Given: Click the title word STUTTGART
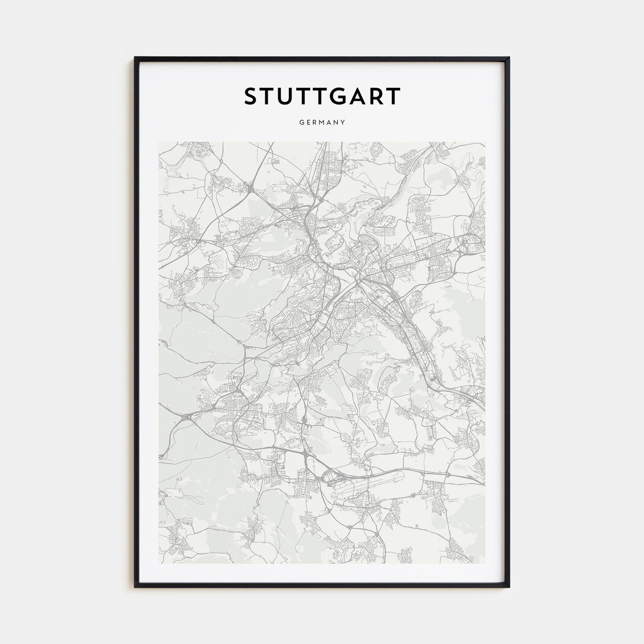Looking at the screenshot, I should (x=322, y=97).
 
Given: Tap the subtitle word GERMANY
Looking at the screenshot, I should (x=322, y=122).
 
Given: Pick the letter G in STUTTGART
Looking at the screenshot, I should (x=339, y=97).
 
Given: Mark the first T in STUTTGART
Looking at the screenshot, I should (x=270, y=97).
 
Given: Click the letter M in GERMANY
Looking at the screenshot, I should (x=322, y=122).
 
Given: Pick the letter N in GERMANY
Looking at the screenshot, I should (x=336, y=122).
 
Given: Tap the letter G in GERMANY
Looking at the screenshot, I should (x=301, y=122).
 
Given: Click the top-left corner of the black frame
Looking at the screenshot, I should (x=135, y=58).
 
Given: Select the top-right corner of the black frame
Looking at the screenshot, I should (x=509, y=58).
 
